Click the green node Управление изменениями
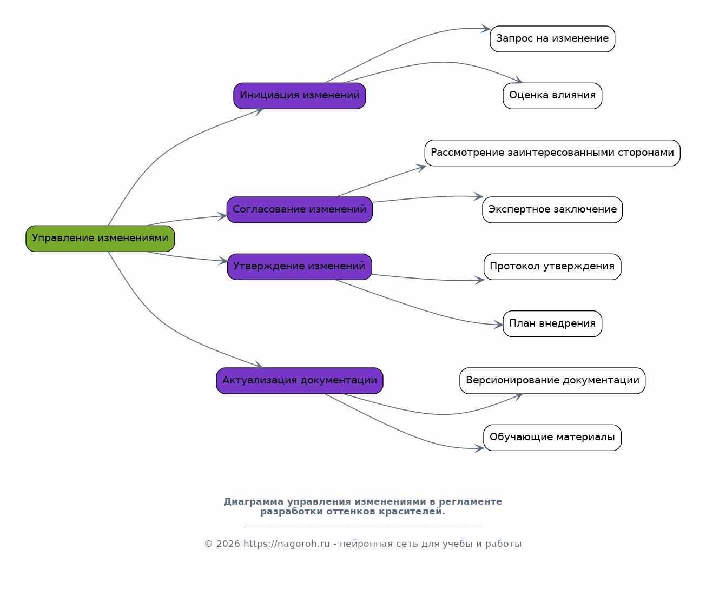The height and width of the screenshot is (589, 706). (100, 239)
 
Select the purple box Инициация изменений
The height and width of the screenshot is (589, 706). (300, 96)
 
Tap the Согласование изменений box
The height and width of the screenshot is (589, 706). (300, 210)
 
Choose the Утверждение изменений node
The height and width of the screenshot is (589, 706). (300, 267)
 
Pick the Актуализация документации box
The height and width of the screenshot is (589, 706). (300, 381)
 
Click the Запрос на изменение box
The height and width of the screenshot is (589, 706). (552, 39)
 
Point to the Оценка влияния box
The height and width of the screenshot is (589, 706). (552, 96)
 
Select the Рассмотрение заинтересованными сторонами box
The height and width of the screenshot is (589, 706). (552, 153)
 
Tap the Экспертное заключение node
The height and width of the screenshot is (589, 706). (552, 210)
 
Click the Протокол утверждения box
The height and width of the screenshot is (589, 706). (552, 267)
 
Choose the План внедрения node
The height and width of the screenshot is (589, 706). (552, 324)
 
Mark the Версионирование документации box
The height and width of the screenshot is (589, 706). (552, 381)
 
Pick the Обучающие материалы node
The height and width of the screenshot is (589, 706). (552, 438)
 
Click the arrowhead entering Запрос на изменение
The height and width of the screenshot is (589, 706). (486, 29)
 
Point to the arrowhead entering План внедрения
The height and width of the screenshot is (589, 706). (498, 325)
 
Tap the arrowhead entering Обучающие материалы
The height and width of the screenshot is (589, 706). (479, 448)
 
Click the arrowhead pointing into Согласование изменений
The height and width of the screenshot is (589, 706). (222, 216)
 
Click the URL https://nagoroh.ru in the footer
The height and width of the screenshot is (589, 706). (286, 544)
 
